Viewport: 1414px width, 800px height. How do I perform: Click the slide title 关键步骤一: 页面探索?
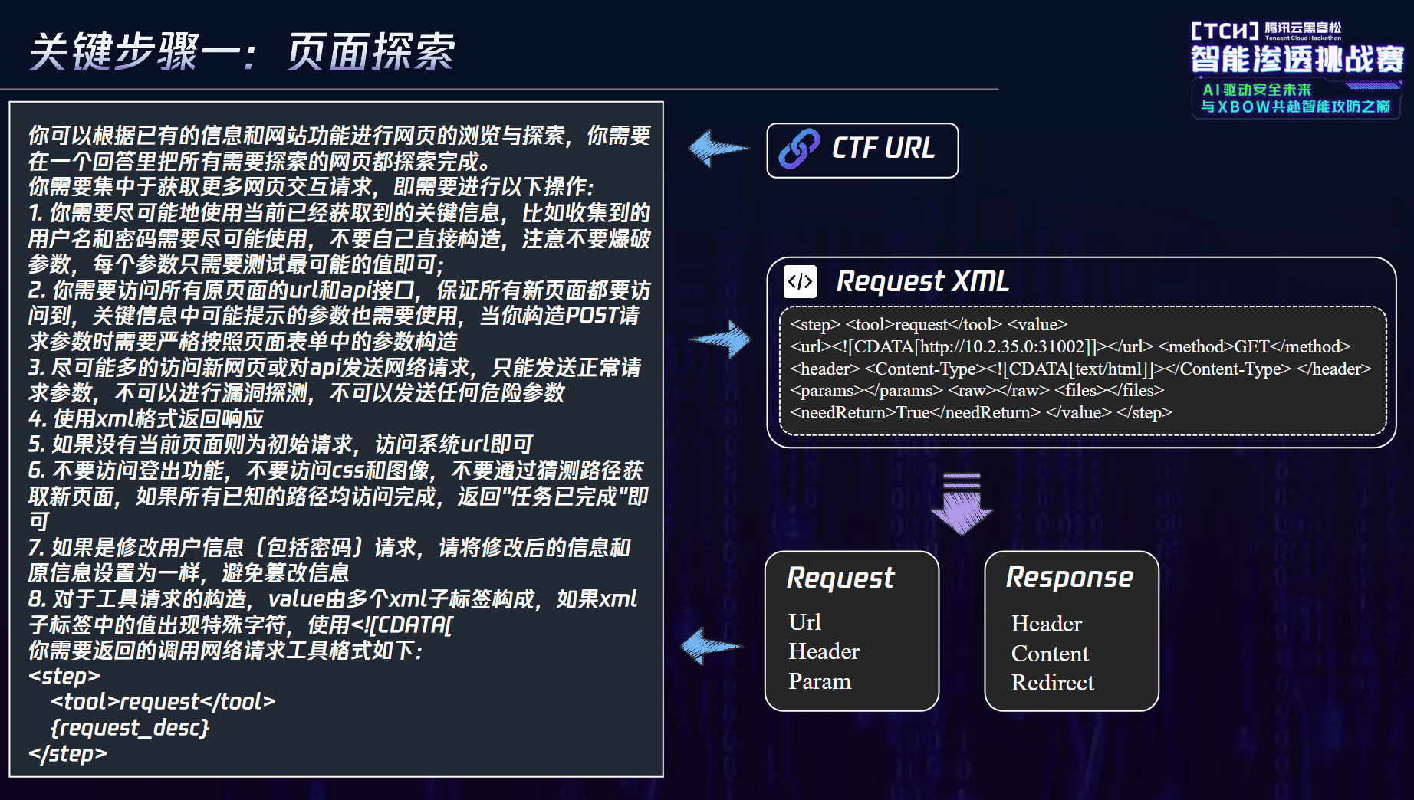242,52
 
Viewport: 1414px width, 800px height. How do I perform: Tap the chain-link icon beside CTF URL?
799,149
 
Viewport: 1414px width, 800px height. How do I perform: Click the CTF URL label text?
883,148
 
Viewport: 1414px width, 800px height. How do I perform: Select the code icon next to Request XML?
800,281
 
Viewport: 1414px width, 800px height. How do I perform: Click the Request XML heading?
922,281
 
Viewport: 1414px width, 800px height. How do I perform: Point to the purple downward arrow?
961,503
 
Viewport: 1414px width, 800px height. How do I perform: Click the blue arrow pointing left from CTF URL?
718,148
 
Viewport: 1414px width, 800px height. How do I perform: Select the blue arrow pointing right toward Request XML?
720,339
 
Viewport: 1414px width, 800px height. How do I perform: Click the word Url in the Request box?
804,621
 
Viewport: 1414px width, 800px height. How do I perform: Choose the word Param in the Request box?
820,680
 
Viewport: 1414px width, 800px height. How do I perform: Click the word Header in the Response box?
1047,623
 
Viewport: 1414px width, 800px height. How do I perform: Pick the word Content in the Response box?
1050,653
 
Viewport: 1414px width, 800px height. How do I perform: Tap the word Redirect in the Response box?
1053,682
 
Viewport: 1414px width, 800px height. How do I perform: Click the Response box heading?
1070,577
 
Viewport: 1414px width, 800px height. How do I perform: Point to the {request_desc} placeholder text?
130,727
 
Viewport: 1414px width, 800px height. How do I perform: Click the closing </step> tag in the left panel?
67,753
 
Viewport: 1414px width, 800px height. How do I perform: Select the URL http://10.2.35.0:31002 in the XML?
1002,346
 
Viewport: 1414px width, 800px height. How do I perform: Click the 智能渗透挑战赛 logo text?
1297,59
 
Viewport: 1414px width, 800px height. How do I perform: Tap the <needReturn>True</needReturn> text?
916,412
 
